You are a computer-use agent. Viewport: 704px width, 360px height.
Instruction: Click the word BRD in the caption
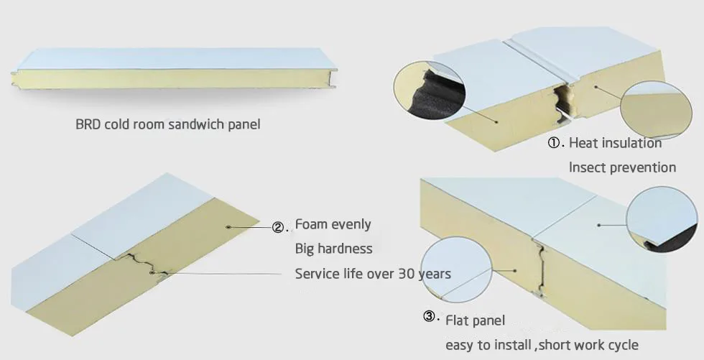click(88, 124)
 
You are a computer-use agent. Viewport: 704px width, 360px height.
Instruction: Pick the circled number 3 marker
click(429, 316)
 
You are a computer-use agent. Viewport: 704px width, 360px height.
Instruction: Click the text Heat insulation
click(615, 143)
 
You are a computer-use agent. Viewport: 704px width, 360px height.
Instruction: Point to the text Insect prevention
click(622, 167)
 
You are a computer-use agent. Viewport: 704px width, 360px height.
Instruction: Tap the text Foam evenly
click(333, 224)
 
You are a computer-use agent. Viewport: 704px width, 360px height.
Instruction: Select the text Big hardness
click(333, 249)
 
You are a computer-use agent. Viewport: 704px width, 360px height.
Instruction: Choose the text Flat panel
click(475, 320)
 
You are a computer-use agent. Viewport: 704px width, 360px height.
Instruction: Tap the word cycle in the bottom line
click(621, 345)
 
